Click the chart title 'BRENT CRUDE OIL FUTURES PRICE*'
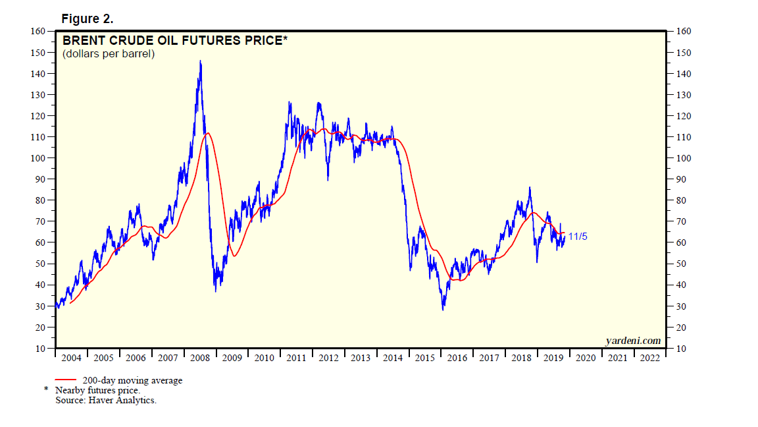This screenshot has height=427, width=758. pos(175,41)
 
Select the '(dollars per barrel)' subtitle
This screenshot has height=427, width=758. pos(109,54)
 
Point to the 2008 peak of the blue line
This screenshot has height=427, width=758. pos(200,61)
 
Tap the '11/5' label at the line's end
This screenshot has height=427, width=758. pos(577,236)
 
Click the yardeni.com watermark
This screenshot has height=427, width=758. pos(632,341)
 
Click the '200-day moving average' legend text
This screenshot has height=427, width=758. pos(132,380)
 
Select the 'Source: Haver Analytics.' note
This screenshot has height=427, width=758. pos(106,399)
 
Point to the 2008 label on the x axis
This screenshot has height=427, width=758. pos(200,358)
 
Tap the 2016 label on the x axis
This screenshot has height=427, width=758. pos(457,358)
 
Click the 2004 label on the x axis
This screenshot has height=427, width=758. pos(71,358)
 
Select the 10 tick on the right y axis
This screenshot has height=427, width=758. pos(678,349)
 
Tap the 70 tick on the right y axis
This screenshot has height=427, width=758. pos(678,221)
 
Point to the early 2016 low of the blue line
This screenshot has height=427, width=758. pos(443,309)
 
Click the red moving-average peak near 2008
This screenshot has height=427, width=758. pos(208,133)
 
